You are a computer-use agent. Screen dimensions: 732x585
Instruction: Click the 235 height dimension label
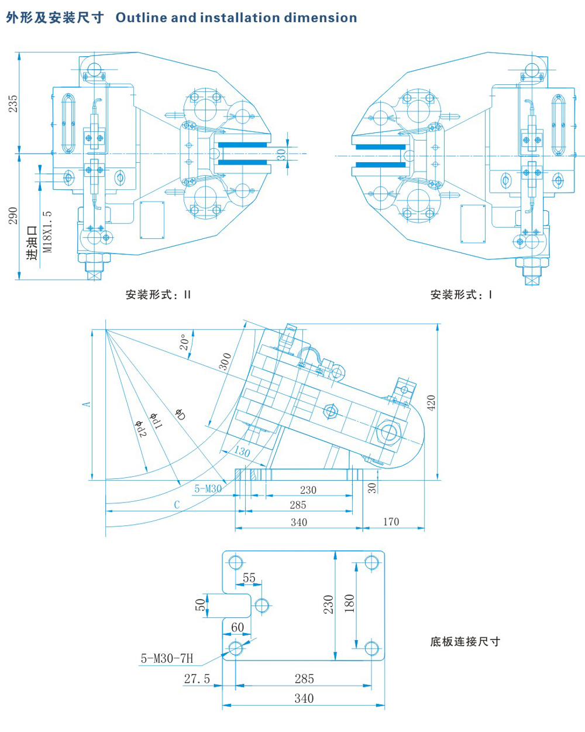click(x=13, y=104)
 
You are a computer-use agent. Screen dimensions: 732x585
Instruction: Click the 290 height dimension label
click(x=13, y=215)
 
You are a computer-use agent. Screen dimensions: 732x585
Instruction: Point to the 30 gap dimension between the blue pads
click(x=281, y=155)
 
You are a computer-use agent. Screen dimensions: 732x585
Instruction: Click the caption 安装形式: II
click(x=158, y=295)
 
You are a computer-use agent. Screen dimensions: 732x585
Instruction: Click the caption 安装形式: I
click(x=461, y=295)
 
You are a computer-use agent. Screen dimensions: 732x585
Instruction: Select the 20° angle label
click(x=185, y=343)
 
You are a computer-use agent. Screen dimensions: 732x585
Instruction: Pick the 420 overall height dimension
click(x=431, y=403)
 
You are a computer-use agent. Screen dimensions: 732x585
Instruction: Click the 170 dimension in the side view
click(x=391, y=521)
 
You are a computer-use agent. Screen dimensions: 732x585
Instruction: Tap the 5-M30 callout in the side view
click(x=208, y=488)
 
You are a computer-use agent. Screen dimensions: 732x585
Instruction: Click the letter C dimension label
click(x=177, y=504)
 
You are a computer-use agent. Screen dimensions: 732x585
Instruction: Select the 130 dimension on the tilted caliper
click(x=242, y=451)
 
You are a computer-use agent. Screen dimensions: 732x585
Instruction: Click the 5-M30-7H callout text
click(x=167, y=658)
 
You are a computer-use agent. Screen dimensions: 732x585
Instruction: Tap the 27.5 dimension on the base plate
click(x=197, y=679)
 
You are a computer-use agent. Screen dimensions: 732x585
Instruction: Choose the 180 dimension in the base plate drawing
click(x=349, y=603)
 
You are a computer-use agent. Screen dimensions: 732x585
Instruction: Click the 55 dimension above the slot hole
click(x=249, y=577)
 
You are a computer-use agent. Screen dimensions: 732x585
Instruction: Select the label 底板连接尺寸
click(x=465, y=641)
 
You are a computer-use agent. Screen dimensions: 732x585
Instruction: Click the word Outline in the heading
click(x=141, y=18)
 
